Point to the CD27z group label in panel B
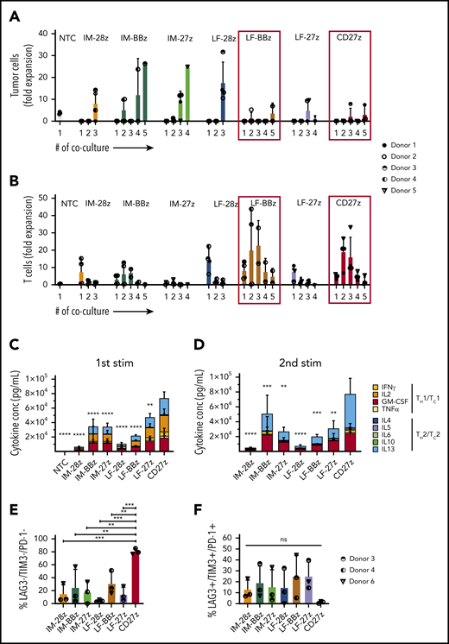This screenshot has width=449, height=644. [x=351, y=207]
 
